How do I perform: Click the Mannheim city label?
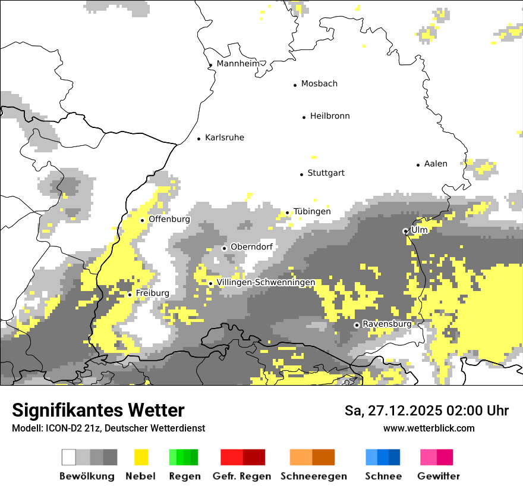tap(238, 64)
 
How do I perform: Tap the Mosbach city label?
tap(319, 84)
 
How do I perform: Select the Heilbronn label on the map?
tap(330, 116)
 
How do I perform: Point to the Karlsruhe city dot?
tap(199, 139)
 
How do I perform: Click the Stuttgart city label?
tap(326, 173)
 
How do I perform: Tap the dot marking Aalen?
tap(418, 165)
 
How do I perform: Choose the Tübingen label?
tap(312, 212)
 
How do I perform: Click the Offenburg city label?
tap(169, 219)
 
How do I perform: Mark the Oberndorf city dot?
tap(224, 248)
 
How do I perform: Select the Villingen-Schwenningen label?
tap(266, 282)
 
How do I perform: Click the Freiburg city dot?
tap(130, 295)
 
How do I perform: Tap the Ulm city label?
tap(420, 230)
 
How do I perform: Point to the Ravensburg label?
tap(387, 324)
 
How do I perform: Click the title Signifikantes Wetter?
tap(98, 410)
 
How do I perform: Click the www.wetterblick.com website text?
tap(429, 428)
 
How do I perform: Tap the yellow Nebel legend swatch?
tap(141, 457)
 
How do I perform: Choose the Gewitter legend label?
tap(438, 476)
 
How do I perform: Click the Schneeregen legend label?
tap(313, 476)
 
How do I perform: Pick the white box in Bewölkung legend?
tap(69, 457)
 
